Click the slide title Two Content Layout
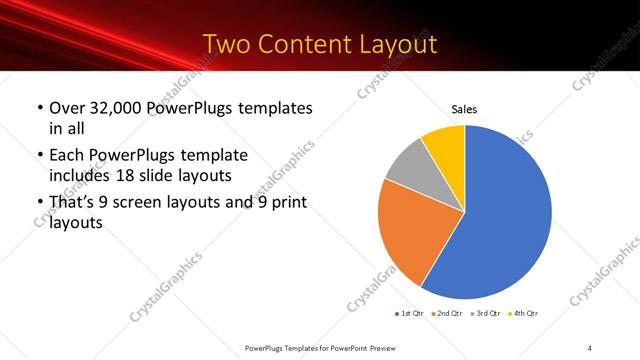319,45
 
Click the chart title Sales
464,109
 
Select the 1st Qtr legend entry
410,314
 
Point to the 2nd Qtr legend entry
445,314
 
